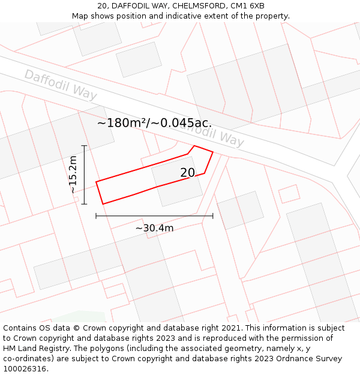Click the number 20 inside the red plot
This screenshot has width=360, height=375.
coord(188,173)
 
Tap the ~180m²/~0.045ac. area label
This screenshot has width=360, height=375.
coord(154,123)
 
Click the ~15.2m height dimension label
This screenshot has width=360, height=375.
coord(73,175)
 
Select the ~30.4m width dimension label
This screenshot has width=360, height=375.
coord(154,228)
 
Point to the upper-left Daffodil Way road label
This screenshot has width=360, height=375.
coord(60,85)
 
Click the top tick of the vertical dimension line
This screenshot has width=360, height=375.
coord(84,146)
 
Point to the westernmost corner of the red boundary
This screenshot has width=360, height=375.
coord(96,182)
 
